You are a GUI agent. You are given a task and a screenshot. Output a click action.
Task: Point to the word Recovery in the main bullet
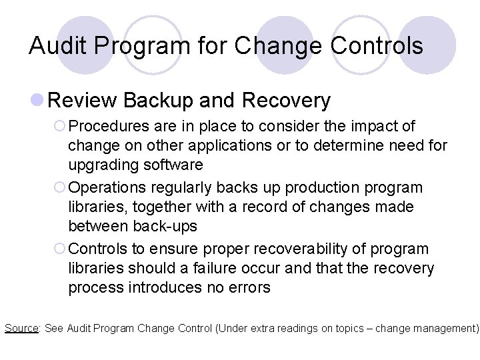coord(286,101)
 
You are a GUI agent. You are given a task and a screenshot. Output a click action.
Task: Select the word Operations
coord(107,187)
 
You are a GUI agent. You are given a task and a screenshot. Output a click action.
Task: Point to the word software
coord(172,165)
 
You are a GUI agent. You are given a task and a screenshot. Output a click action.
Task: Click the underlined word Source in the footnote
coord(21,328)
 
